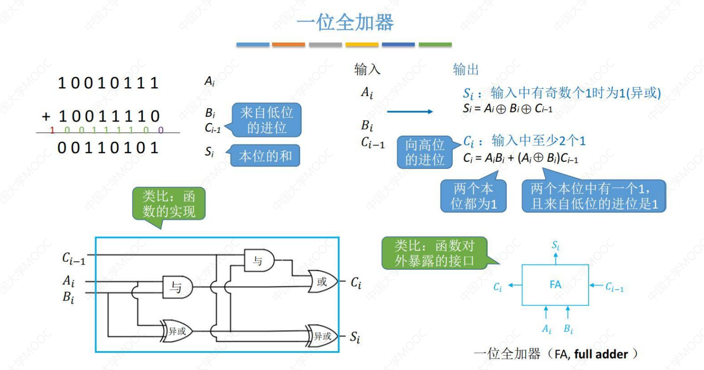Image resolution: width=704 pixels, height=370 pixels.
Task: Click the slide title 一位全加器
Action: pos(344,22)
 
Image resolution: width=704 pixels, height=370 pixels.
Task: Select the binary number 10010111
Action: pos(108,84)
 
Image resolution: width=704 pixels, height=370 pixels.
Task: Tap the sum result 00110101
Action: pos(108,148)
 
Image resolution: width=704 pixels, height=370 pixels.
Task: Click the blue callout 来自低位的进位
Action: pos(266,120)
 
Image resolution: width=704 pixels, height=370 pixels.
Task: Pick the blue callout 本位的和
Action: pos(265,156)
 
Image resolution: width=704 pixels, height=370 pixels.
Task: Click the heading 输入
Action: pos(367,70)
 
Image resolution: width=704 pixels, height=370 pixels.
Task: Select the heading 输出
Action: pos(466,70)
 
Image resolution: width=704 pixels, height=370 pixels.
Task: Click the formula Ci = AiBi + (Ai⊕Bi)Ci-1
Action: pos(520,159)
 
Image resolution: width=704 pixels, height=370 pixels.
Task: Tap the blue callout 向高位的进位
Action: pos(424,152)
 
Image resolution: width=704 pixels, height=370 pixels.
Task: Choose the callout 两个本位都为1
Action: pos(473,196)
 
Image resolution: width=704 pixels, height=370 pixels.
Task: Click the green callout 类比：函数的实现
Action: pos(169,204)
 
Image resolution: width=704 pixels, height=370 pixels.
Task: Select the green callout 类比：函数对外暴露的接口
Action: pos(434,253)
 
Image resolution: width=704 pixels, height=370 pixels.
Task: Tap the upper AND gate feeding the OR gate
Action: pos(259,261)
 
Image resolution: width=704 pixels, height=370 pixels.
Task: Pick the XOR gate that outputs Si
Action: pos(322,336)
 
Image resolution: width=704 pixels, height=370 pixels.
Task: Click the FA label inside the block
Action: pos(555,285)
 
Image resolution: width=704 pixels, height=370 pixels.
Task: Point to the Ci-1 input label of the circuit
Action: pos(73,258)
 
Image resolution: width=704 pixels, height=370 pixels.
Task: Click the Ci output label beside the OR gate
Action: pos(356,283)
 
